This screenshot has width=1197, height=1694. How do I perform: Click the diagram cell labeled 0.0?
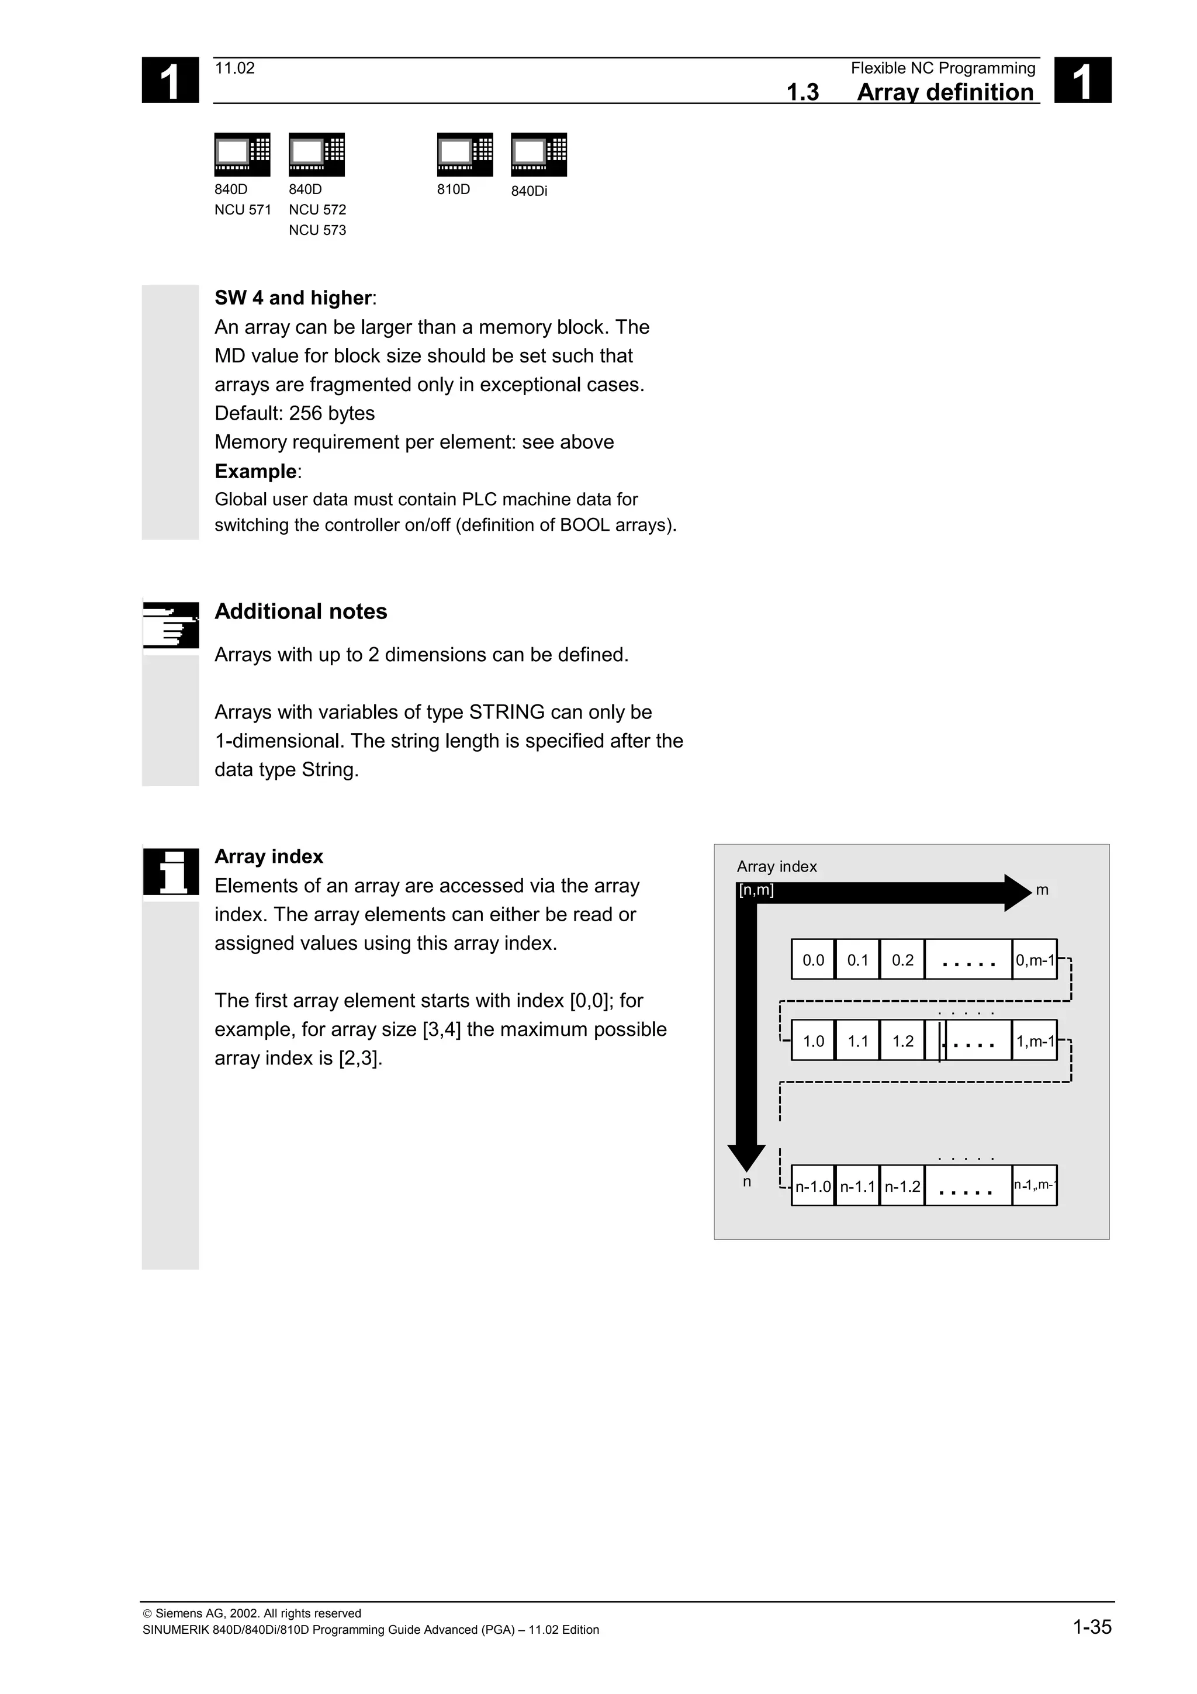(x=813, y=960)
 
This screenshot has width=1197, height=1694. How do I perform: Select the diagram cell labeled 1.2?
(x=902, y=1041)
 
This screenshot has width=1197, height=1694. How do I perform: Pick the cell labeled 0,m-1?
(x=1035, y=960)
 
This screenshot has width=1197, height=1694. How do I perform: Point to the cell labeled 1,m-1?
(x=1035, y=1041)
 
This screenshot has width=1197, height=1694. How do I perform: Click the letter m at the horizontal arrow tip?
(x=1042, y=890)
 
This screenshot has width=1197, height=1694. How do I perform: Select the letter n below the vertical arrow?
(x=746, y=1182)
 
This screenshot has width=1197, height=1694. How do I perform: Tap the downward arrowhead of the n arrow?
(x=746, y=1157)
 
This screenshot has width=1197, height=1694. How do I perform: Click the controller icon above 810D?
(x=465, y=154)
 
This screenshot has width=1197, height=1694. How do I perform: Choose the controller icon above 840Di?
(x=538, y=154)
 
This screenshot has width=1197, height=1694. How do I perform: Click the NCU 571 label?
(x=243, y=209)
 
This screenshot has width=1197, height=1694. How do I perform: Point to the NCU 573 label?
(x=317, y=230)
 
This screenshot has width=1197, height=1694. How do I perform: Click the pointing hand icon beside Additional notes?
(x=170, y=625)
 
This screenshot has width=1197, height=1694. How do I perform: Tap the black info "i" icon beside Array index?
(x=170, y=872)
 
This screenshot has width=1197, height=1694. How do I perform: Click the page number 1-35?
(x=1092, y=1626)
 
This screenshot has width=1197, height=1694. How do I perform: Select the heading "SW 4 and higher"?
(x=293, y=298)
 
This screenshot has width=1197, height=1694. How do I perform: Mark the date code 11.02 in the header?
(x=234, y=68)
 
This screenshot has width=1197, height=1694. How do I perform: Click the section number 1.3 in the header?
(x=802, y=92)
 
